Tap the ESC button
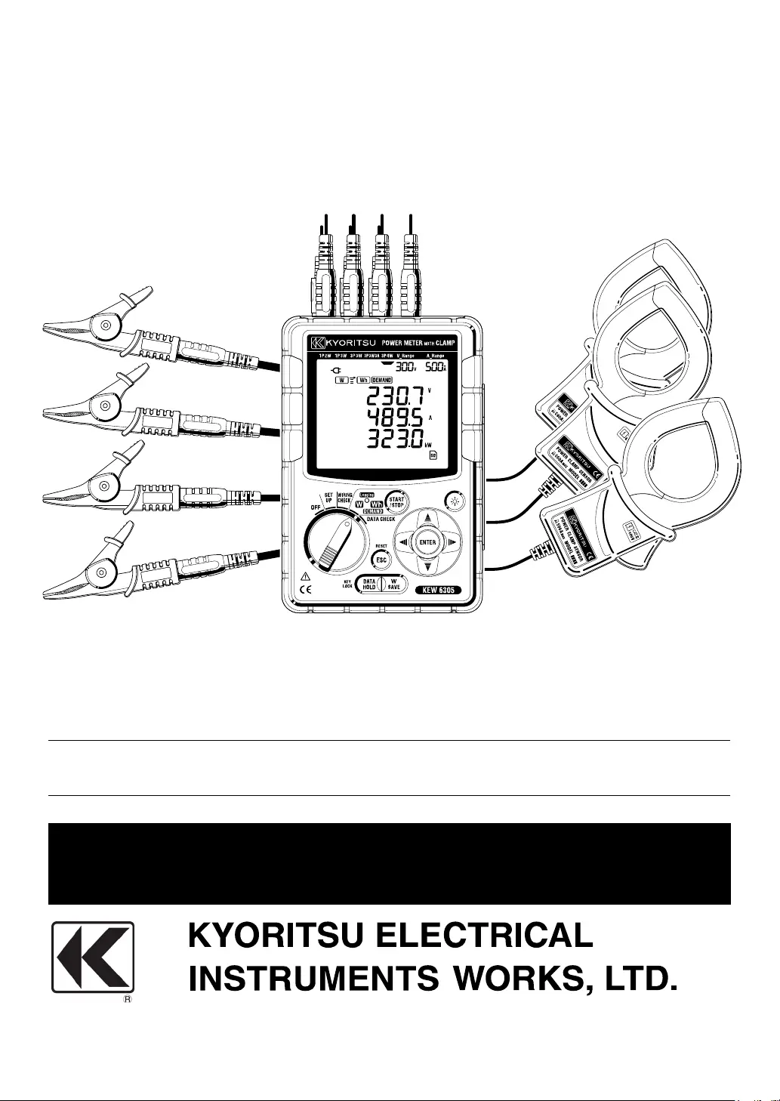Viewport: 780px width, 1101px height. tap(381, 560)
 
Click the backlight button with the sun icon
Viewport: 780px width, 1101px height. tap(454, 499)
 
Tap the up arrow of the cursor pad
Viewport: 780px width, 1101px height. tap(428, 519)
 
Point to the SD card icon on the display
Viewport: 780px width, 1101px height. tap(433, 455)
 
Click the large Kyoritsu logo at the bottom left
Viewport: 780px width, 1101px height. tap(92, 957)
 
